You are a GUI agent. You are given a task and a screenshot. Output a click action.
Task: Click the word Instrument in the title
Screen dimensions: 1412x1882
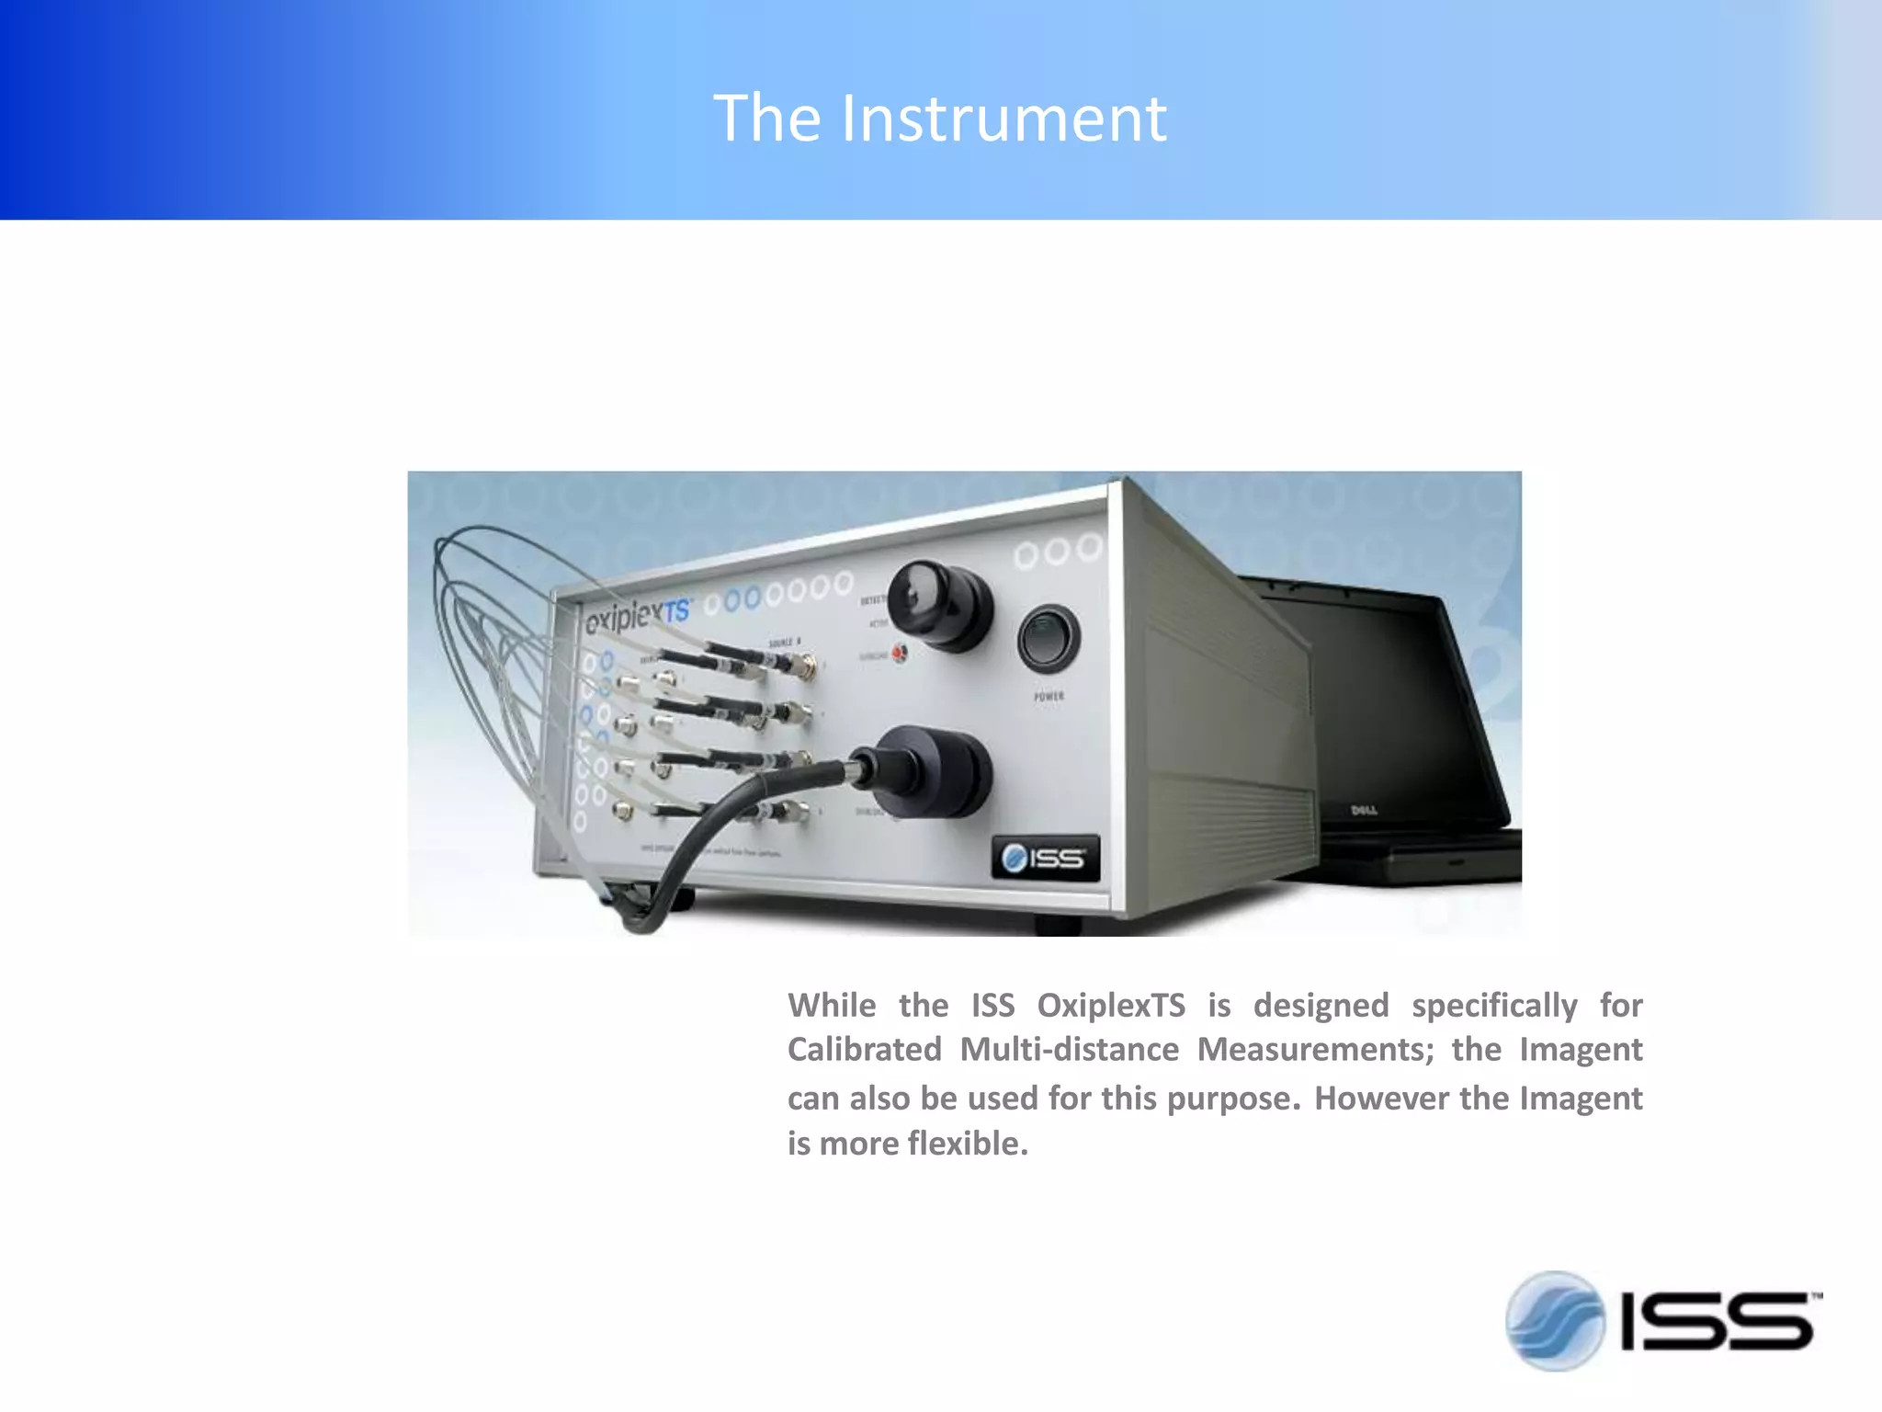click(x=1003, y=120)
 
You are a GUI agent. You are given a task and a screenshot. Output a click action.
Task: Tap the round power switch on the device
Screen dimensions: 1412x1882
click(x=1049, y=637)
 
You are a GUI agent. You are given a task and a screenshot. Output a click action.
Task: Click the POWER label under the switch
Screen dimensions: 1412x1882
click(x=1049, y=697)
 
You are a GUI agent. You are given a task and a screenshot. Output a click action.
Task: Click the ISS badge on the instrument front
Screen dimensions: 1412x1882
click(x=1045, y=859)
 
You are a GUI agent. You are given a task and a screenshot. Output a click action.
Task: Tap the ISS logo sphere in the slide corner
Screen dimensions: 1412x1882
click(x=1554, y=1321)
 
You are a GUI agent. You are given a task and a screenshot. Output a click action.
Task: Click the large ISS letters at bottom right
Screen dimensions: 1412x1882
click(x=1717, y=1322)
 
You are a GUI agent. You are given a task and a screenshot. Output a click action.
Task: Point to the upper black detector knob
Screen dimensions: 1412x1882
click(x=939, y=606)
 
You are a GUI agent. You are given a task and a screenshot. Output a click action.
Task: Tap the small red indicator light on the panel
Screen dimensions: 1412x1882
click(x=899, y=653)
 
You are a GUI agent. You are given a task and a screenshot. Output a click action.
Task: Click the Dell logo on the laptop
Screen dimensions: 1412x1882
click(x=1363, y=810)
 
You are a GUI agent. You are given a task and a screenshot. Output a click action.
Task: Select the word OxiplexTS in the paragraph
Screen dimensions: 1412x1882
click(x=1111, y=1006)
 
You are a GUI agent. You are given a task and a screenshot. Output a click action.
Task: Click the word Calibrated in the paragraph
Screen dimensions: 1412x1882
click(x=864, y=1050)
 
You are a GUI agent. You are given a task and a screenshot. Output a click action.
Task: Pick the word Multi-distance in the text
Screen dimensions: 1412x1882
click(x=1069, y=1050)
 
